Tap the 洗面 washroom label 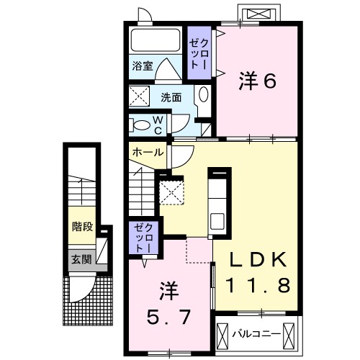pos(171,97)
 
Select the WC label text pos(157,125)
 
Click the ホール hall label pos(148,153)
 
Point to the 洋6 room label pos(257,81)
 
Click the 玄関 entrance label pos(81,258)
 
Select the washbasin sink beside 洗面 pos(203,95)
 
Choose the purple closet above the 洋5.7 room pos(140,238)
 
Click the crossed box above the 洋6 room pos(258,14)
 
